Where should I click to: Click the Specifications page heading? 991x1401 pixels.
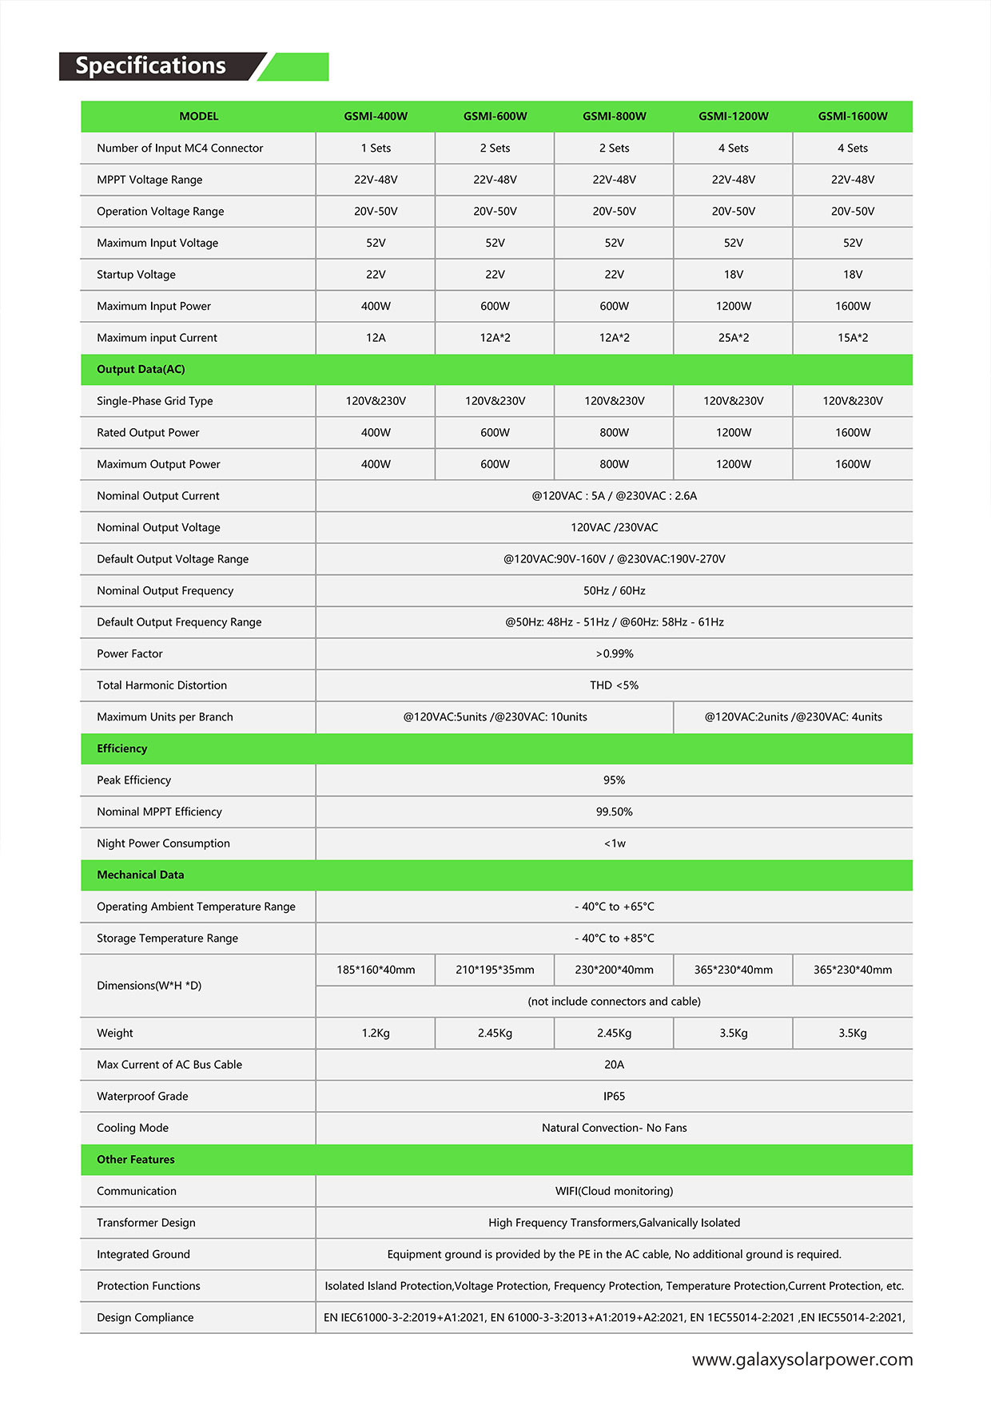coord(150,65)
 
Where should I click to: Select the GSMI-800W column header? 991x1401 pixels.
coord(614,117)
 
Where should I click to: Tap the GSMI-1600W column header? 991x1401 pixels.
coord(852,117)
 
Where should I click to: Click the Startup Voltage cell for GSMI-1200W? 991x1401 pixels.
coord(733,275)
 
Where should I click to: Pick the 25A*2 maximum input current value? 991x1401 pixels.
coord(733,338)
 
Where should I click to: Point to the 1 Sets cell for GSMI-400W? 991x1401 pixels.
coord(376,149)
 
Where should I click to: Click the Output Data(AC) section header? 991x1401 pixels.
coord(141,370)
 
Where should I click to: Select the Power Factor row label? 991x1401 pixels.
coord(129,654)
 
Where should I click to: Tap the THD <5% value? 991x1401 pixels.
coord(614,685)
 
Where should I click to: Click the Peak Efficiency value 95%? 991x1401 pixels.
coord(614,780)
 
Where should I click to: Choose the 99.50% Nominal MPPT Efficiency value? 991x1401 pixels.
coord(614,812)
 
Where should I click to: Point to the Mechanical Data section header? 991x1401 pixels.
coord(141,875)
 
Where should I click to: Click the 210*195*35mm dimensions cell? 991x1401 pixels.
coord(495,970)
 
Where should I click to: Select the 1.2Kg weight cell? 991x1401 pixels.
coord(376,1034)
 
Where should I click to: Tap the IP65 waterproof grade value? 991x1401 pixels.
coord(614,1097)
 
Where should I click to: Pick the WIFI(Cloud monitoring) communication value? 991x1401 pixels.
coord(614,1192)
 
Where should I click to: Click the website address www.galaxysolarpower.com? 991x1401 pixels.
coord(802,1360)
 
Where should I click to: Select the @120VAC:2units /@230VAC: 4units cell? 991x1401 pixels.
coord(793,717)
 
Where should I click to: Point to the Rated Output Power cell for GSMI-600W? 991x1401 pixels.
coord(495,433)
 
